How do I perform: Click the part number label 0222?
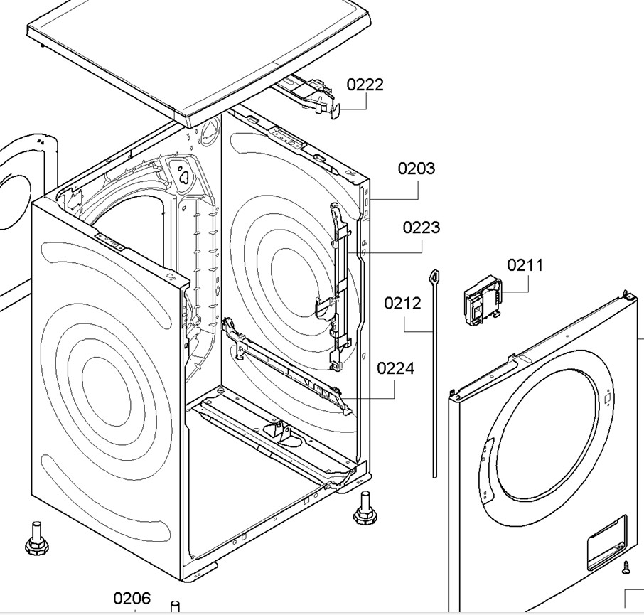365,85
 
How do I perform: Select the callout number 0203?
416,169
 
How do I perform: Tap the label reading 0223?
421,228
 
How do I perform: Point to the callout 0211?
525,265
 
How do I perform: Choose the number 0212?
402,304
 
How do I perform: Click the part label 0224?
395,368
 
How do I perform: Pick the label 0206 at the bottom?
132,599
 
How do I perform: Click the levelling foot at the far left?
36,538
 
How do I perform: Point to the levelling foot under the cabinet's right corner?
364,508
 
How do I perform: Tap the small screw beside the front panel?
626,568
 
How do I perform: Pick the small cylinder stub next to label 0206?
175,607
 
